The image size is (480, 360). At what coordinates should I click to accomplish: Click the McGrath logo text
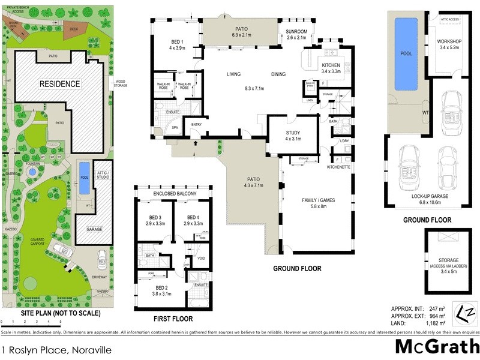437,346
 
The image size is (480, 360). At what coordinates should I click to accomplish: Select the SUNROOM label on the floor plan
296,31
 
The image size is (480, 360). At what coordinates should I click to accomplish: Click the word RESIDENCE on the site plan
59,84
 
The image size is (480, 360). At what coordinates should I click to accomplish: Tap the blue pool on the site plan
84,178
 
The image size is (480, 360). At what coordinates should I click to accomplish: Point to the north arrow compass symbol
470,313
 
